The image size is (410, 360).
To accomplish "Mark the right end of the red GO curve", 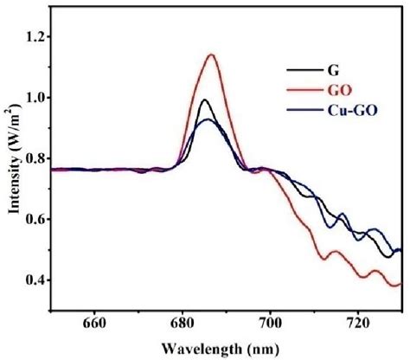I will click(400, 283).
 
